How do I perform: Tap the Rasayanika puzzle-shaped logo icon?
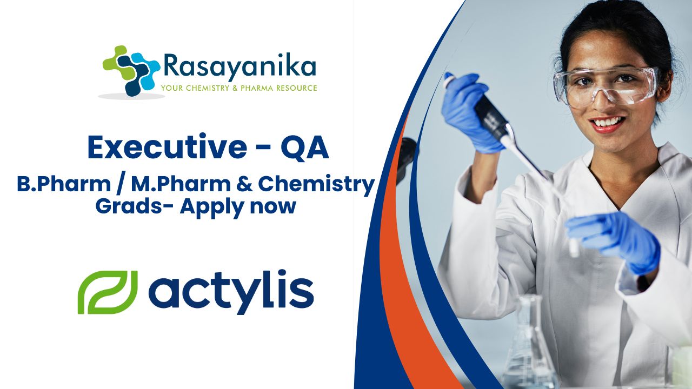tap(131, 70)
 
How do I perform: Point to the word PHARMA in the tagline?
tap(257, 88)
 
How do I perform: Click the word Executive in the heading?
tap(167, 148)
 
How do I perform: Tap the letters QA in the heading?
tap(304, 148)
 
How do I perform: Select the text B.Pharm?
tap(64, 184)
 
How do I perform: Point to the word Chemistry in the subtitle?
tap(316, 185)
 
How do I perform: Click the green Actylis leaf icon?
tap(108, 292)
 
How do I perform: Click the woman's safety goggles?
tap(606, 85)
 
